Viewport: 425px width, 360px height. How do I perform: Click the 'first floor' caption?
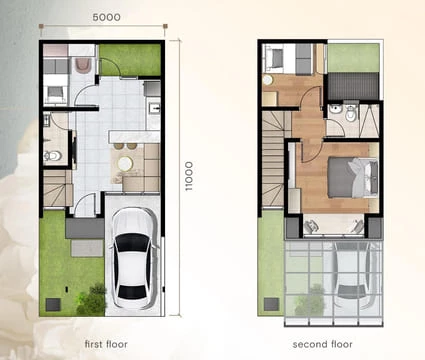pos(107,344)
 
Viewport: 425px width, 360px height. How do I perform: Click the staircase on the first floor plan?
pos(55,187)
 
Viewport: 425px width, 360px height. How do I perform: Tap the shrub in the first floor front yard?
pos(93,298)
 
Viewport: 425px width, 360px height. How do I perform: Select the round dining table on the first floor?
pos(125,162)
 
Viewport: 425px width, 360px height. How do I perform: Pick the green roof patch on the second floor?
pos(352,57)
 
